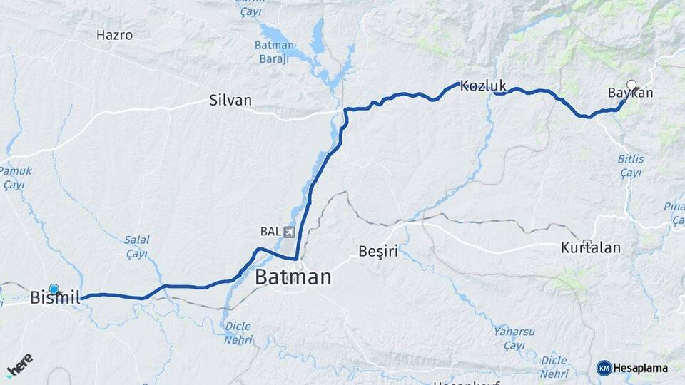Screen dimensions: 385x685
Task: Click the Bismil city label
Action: (54, 299)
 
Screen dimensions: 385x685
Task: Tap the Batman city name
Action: (293, 277)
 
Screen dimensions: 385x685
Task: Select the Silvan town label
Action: (230, 101)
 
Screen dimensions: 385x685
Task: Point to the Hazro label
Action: (114, 34)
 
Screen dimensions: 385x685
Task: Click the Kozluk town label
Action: (483, 86)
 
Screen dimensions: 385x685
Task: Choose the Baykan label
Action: (630, 93)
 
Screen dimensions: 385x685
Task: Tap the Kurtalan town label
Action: (590, 249)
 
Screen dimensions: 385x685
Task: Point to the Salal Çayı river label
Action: (136, 247)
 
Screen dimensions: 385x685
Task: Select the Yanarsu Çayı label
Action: (512, 338)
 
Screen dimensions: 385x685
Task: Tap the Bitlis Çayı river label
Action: (630, 166)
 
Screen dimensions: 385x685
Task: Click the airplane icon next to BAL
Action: (289, 232)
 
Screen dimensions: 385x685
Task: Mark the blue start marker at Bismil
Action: (54, 289)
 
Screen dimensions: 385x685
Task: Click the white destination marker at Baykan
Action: (631, 84)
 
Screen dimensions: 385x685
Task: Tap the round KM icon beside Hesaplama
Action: (604, 368)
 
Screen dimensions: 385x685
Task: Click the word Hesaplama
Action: (641, 369)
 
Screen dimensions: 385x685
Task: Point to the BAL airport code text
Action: (270, 232)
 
